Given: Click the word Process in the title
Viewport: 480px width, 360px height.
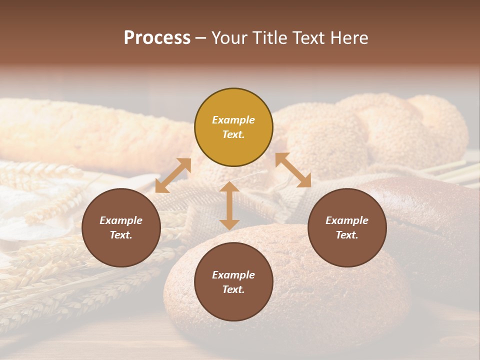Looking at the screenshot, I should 157,38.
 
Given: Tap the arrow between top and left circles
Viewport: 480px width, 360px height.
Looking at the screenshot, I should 173,175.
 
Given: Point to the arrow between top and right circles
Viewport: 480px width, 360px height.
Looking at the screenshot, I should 293,170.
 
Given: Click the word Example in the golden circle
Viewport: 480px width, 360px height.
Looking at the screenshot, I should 233,120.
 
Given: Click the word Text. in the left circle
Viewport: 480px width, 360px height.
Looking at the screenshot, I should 121,235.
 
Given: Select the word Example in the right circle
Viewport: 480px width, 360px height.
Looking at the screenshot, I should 347,220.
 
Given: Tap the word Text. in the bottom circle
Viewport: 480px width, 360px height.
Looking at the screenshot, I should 233,289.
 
